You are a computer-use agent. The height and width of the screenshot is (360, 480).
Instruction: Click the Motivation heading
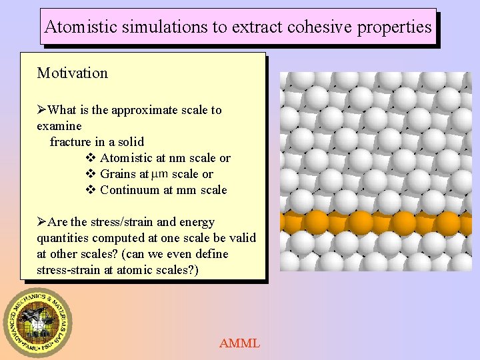[x=72, y=73]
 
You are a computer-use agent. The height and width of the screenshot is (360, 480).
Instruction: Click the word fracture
[x=71, y=142]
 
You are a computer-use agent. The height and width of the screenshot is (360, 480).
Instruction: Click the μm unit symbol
[x=160, y=175]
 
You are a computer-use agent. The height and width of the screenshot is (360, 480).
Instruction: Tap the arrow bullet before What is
[x=43, y=110]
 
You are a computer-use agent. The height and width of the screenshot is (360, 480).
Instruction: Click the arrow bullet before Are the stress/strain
[x=43, y=222]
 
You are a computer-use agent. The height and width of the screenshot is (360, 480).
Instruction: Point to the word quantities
[x=63, y=238]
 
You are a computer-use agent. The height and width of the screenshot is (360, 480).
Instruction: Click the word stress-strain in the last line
[x=68, y=270]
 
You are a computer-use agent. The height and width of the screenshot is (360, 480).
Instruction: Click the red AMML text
[x=239, y=344]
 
